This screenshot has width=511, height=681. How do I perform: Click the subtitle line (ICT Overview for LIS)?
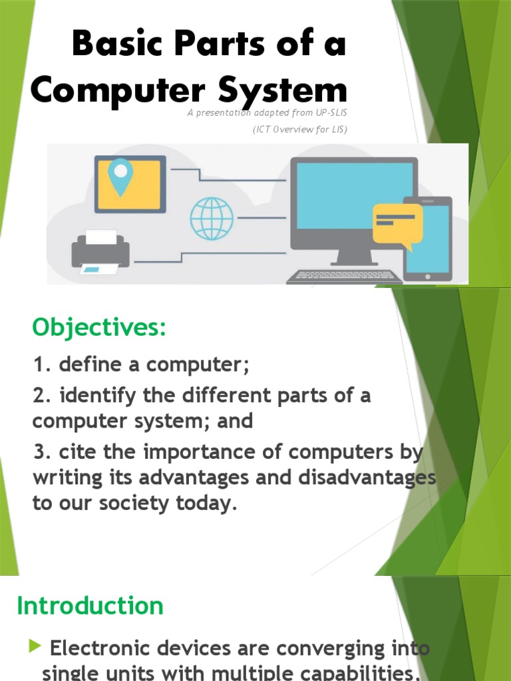click(x=299, y=129)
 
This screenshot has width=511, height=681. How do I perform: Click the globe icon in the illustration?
click(x=212, y=217)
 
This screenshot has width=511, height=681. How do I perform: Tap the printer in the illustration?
click(x=100, y=252)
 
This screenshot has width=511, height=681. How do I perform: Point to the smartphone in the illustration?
click(x=428, y=238)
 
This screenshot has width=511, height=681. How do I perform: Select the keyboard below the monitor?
click(x=345, y=276)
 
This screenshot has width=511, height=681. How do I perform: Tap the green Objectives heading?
click(x=99, y=327)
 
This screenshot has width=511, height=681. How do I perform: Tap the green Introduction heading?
click(x=90, y=606)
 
